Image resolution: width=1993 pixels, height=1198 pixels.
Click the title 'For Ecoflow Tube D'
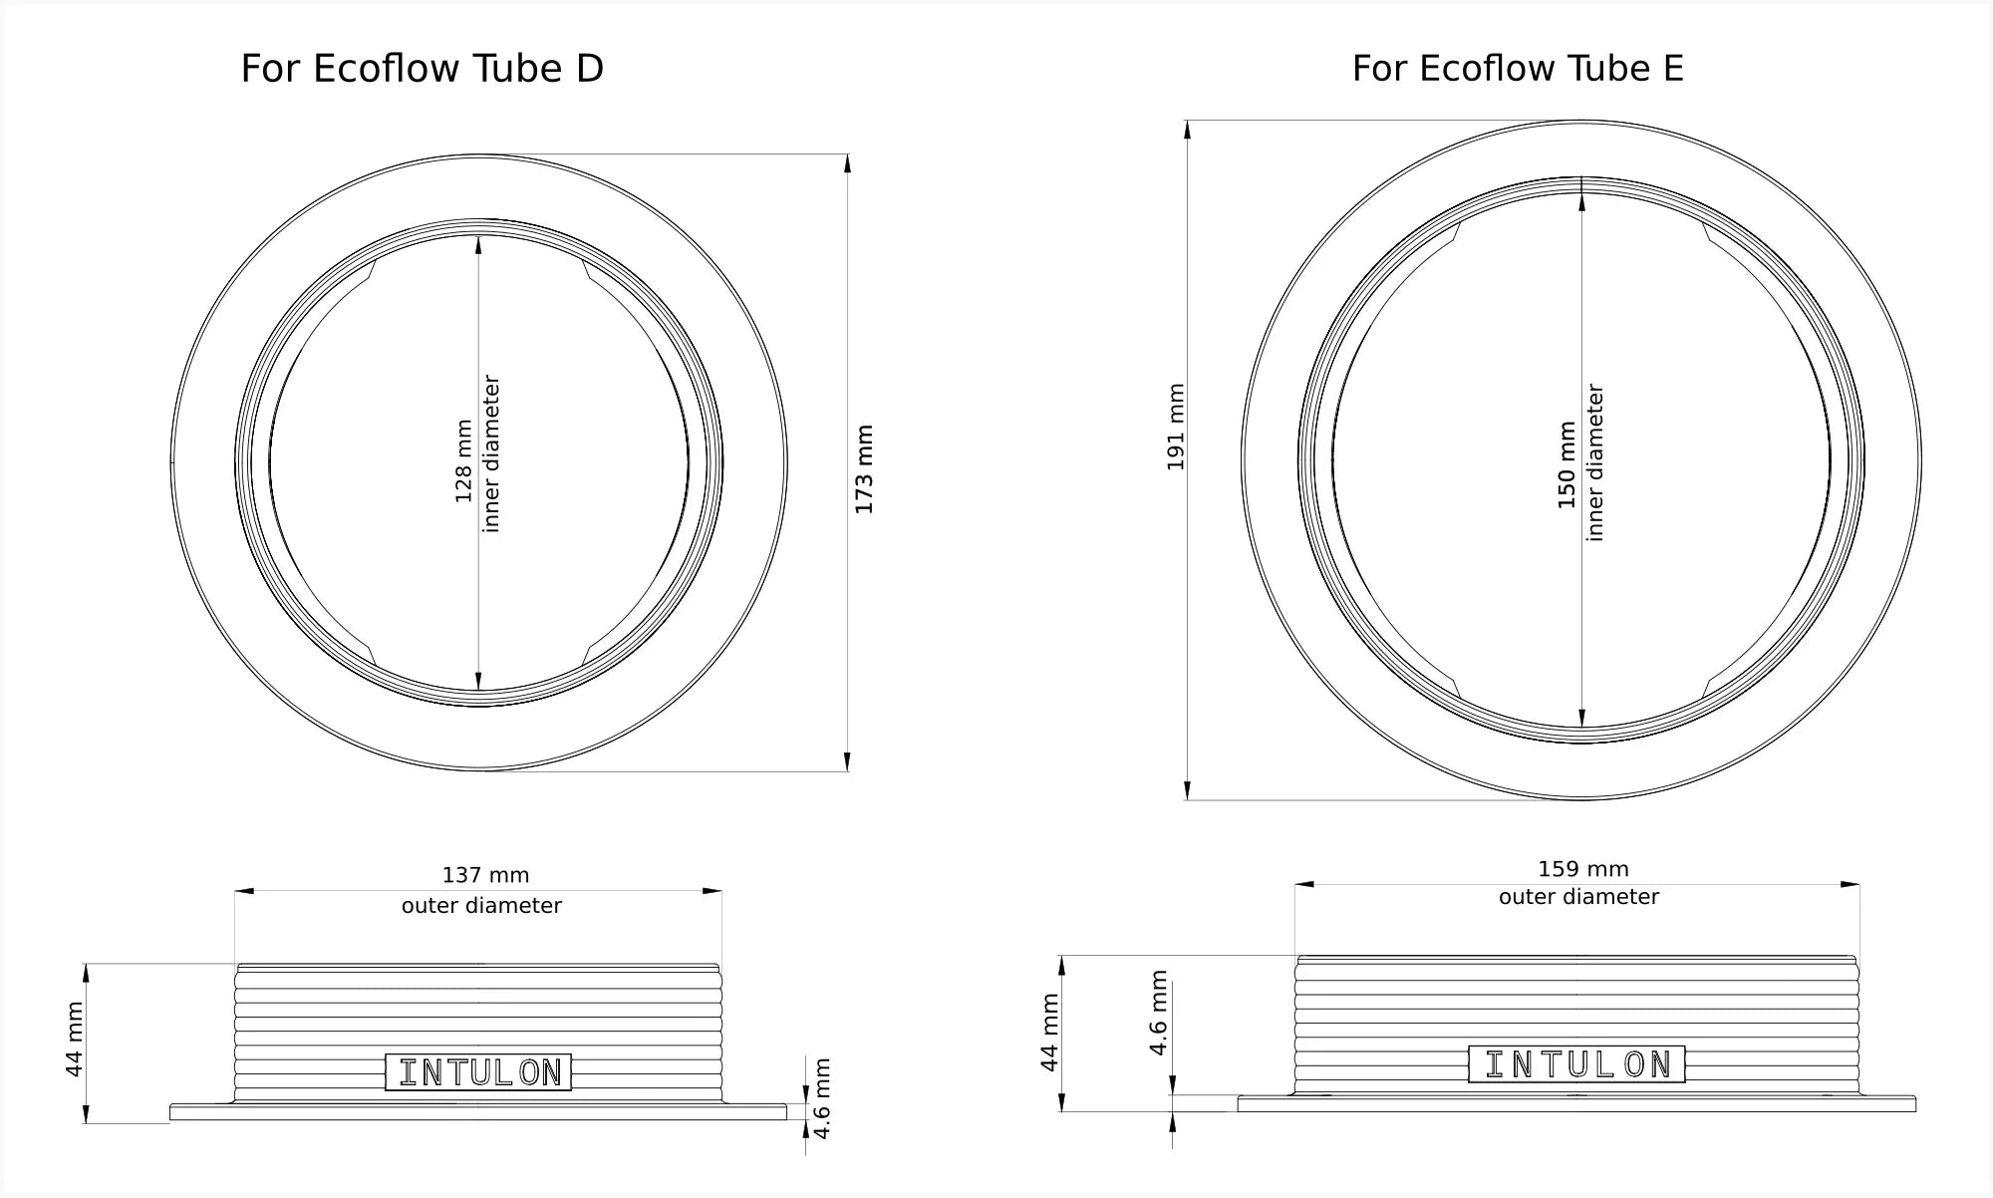(423, 69)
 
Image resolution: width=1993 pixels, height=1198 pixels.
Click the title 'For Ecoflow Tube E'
(1518, 69)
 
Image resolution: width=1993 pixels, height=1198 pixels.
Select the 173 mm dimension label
(864, 469)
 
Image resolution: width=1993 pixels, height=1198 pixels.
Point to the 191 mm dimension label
(1176, 427)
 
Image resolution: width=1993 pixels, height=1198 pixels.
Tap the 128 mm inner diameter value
(464, 460)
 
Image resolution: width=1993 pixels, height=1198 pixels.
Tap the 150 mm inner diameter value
(1567, 464)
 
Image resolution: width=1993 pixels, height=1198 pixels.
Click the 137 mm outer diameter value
(485, 875)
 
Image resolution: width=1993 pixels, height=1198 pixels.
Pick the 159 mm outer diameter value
(1582, 869)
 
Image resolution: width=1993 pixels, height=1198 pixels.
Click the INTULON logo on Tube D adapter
(478, 1072)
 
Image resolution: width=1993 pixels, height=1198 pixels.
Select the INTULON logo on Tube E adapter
(1576, 1064)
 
